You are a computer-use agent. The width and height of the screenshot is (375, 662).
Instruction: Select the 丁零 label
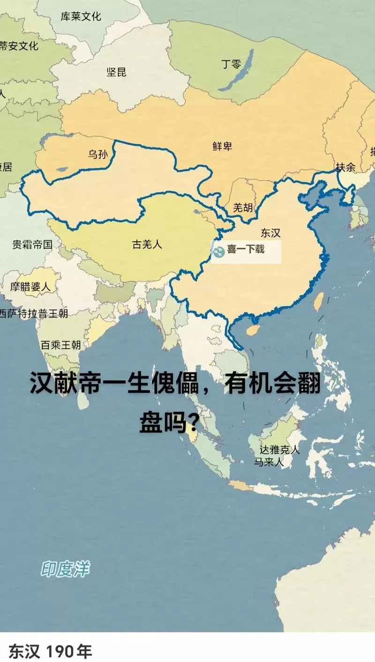pyautogui.click(x=231, y=64)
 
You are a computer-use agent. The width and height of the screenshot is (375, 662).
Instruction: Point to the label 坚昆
pyautogui.click(x=116, y=72)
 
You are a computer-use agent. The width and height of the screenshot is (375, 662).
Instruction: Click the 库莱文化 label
pyautogui.click(x=81, y=16)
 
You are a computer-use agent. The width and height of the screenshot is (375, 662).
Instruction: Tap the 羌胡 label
pyautogui.click(x=242, y=208)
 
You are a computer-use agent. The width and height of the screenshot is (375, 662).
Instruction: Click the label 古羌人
pyautogui.click(x=147, y=244)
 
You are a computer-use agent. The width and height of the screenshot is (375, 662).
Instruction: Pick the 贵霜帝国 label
pyautogui.click(x=32, y=244)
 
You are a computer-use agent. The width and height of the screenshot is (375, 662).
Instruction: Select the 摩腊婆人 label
pyautogui.click(x=30, y=287)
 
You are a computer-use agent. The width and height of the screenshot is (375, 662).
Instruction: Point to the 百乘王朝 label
pyautogui.click(x=60, y=345)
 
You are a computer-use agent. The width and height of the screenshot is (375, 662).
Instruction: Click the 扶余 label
pyautogui.click(x=345, y=167)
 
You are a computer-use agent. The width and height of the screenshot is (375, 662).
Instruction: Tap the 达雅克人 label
pyautogui.click(x=279, y=450)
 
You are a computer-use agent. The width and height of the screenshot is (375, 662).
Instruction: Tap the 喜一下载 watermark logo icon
pyautogui.click(x=219, y=251)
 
